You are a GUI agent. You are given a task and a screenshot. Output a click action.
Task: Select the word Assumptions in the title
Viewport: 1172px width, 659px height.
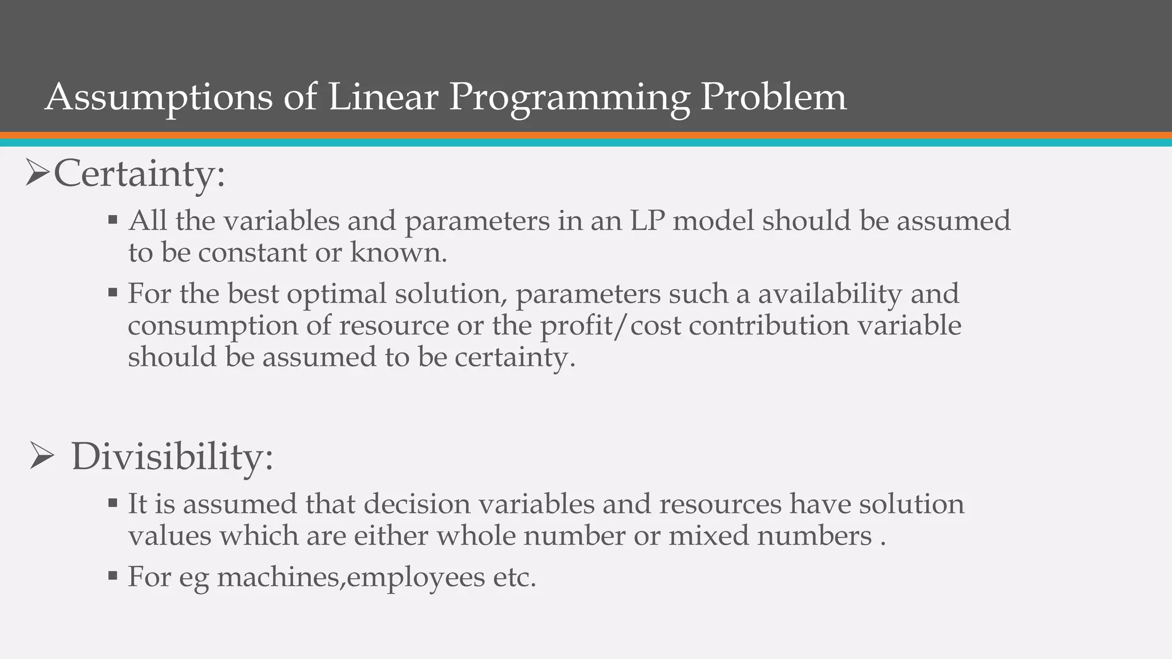pos(159,97)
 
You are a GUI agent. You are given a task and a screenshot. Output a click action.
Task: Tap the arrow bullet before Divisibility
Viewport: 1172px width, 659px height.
pos(41,457)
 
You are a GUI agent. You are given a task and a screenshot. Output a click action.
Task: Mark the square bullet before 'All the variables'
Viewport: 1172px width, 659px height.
pos(113,219)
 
